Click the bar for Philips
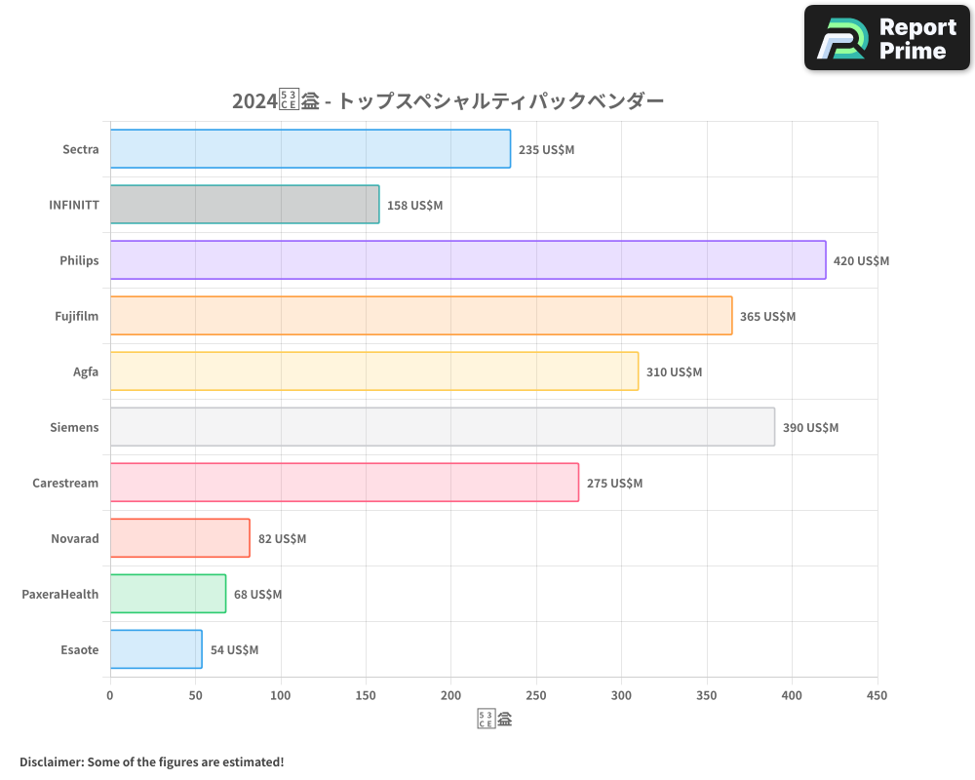tap(468, 260)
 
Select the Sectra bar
tap(310, 149)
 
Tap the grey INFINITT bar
tap(245, 205)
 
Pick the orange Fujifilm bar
tap(421, 316)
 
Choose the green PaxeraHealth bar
tap(168, 594)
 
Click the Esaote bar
tap(156, 649)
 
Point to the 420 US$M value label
tap(861, 261)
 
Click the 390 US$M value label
tap(810, 428)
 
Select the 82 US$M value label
tap(282, 539)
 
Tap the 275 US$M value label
tap(614, 484)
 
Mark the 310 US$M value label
tap(674, 372)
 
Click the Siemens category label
tap(74, 427)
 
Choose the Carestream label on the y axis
tap(65, 483)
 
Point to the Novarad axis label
tap(75, 538)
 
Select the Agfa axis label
tap(86, 371)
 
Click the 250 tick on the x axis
tap(536, 695)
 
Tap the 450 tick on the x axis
tap(877, 695)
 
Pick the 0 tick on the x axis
tap(110, 695)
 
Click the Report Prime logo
tap(886, 38)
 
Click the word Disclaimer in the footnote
tap(51, 761)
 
